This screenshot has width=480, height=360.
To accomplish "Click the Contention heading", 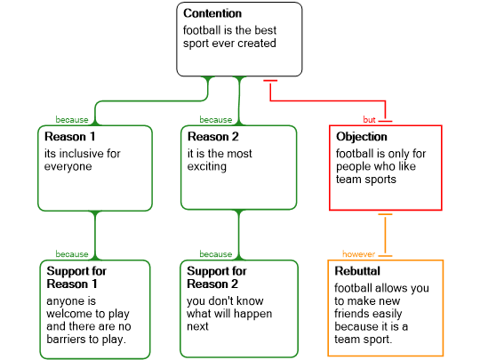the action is pos(212,13).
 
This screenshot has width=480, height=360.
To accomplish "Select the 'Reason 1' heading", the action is pos(70,137).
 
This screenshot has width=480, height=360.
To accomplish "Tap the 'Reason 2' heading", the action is pos(213,137).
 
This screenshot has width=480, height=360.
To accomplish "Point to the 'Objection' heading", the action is pos(362,137).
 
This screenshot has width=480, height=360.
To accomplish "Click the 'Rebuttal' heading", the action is pos(357,271).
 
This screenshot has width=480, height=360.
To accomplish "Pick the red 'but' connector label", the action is pos(369,120).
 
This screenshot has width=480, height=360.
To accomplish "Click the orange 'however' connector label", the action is pos(358,254).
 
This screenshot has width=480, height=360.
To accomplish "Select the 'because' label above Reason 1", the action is pos(72,120).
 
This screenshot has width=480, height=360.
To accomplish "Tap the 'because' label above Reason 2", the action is pos(216,120).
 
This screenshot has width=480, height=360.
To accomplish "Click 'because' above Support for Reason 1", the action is pos(72,254).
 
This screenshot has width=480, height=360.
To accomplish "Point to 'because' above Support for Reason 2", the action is pos(216,254).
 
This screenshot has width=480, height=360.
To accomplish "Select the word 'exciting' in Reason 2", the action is pos(207,166).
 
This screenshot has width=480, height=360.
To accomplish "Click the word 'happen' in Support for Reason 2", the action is pos(253,314).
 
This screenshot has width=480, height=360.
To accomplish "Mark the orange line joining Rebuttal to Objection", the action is pos(385,235).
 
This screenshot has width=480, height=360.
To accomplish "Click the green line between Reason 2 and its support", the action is pos(239,235).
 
